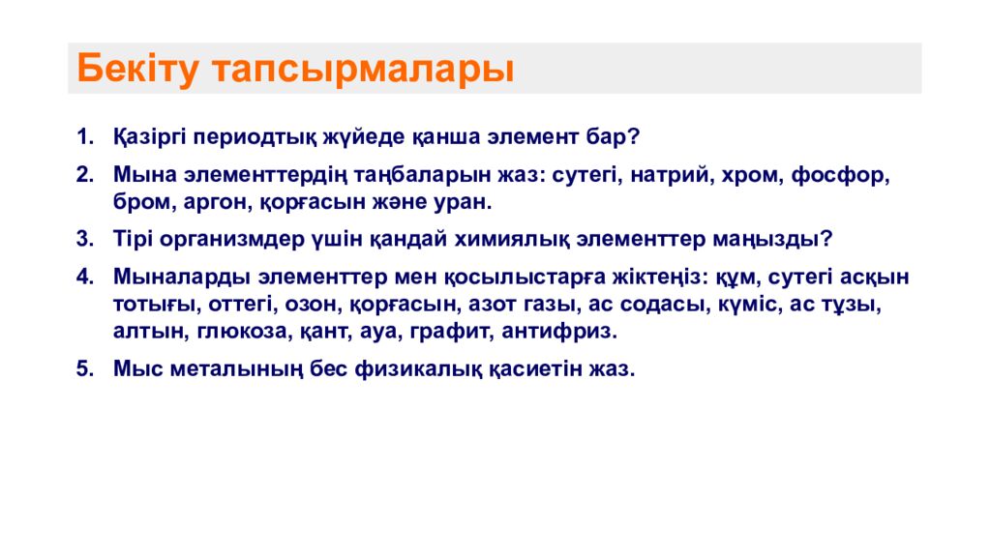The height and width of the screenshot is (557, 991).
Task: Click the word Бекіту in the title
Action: coord(137,69)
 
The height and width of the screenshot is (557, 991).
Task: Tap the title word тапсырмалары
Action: coord(364,70)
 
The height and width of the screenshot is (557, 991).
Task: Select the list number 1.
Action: coord(85,136)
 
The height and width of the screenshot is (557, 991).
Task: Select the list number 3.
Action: coord(85,240)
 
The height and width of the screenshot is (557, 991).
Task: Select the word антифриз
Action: coord(559,331)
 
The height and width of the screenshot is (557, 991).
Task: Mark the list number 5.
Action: coord(85,369)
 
